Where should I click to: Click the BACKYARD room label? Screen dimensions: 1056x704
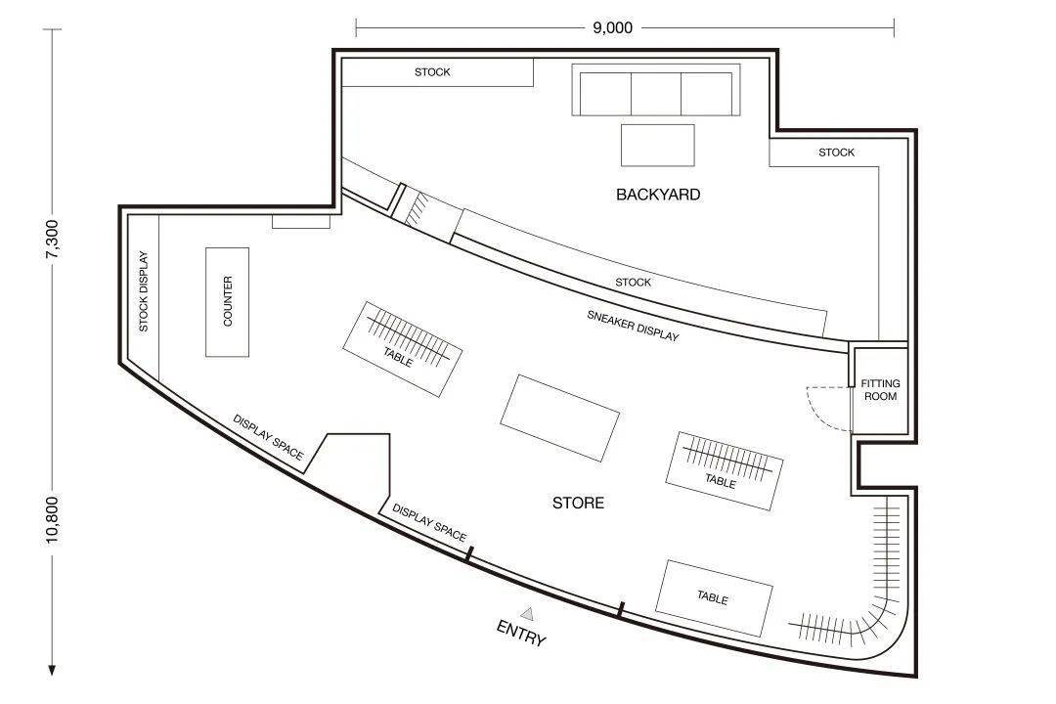658,195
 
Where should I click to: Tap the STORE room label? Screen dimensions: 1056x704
578,503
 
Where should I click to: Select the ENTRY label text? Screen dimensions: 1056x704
520,634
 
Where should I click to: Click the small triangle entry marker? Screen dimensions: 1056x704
527,614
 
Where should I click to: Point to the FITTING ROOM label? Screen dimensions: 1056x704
880,390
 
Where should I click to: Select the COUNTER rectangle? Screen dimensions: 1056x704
227,302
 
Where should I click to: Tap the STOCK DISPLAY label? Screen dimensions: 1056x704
143,291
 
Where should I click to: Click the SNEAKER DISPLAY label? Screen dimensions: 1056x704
633,326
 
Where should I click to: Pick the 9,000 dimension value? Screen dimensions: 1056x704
612,27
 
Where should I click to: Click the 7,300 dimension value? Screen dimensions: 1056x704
52,240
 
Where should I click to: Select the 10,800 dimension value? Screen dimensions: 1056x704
52,520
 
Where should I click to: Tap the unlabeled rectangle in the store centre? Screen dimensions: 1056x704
559,418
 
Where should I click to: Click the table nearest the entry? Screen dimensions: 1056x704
714,597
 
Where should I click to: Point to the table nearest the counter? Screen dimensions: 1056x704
402,349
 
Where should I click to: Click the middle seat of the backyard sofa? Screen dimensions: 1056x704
656,94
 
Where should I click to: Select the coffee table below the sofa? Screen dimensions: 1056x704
657,145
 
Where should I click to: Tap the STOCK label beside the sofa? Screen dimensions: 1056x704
432,72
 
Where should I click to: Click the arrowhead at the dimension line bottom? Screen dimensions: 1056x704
52,670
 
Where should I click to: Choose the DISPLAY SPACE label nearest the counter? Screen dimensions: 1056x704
268,437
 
